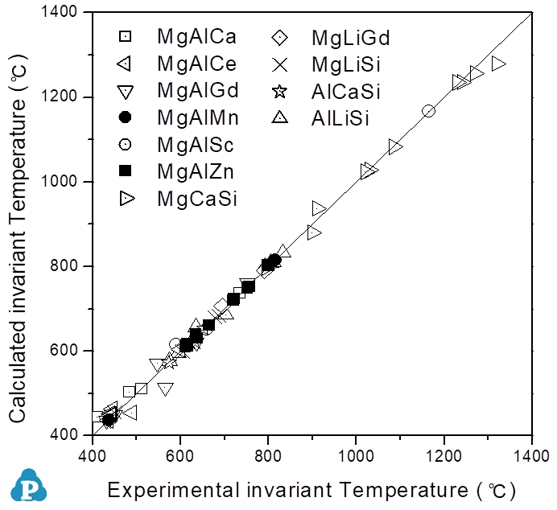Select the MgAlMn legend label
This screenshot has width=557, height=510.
[194, 118]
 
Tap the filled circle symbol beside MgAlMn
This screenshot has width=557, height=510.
[125, 118]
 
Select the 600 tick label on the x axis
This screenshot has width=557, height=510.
[179, 454]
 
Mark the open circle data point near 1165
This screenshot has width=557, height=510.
[429, 111]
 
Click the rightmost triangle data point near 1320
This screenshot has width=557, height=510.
[498, 64]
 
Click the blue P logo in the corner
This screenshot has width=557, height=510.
[30, 485]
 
